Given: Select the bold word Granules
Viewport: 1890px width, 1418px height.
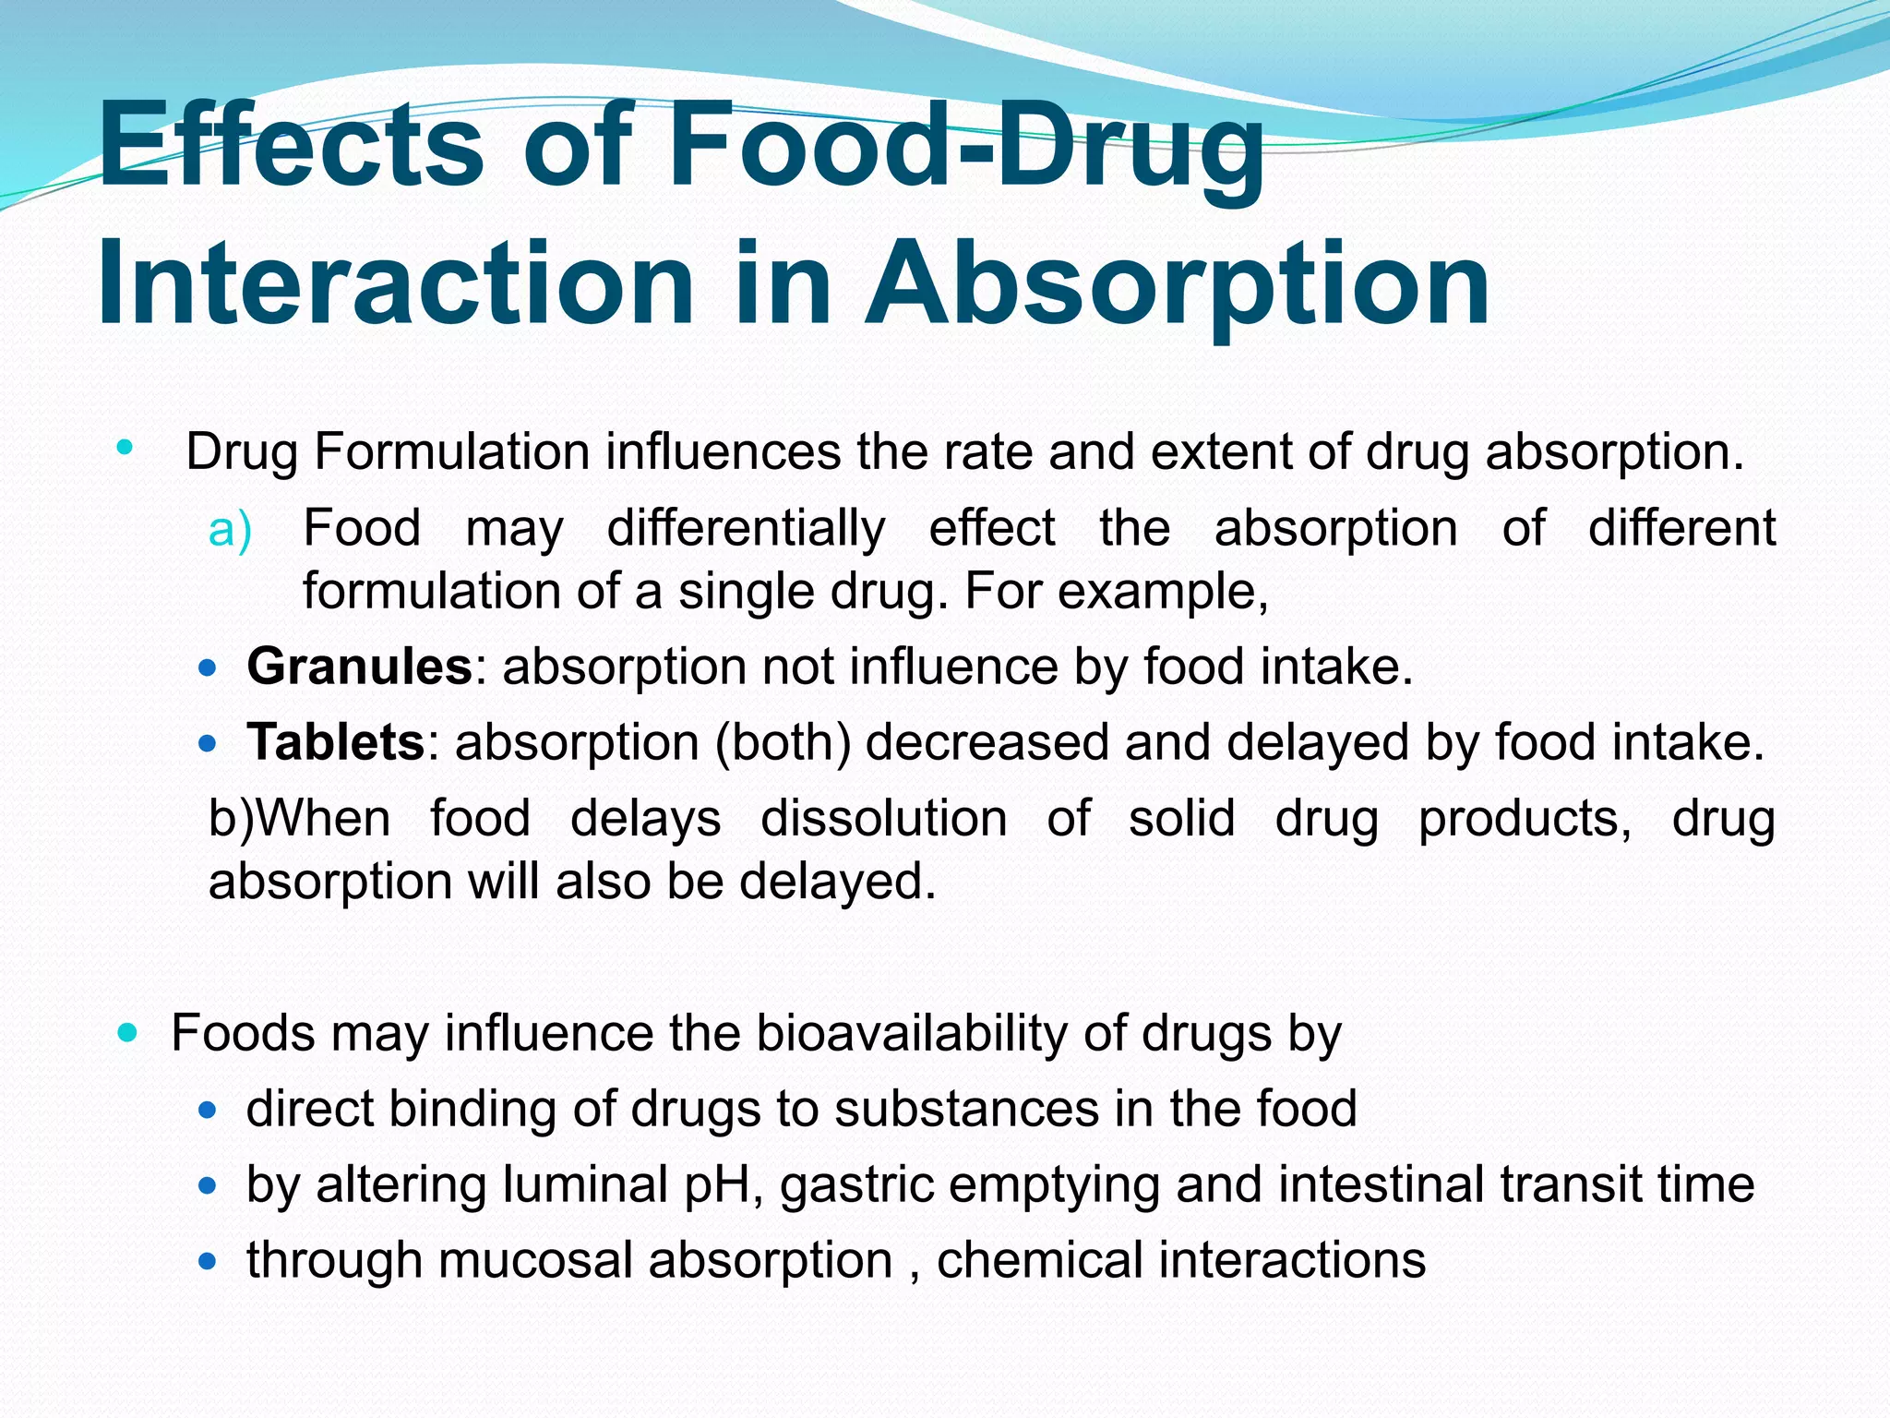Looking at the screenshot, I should coord(359,667).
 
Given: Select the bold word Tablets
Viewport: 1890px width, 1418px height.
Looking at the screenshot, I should coord(335,742).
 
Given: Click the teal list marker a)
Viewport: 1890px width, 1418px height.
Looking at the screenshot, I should coord(230,530).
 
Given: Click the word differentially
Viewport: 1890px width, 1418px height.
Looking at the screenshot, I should coord(746,530).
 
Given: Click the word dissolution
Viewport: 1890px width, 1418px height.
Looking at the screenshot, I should coord(883,819).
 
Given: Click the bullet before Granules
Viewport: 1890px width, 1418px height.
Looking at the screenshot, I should coord(208,667).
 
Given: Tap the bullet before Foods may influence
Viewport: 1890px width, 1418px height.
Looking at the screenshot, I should coord(127,1031).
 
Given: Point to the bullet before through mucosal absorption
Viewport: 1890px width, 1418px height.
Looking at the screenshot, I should coord(208,1260).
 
